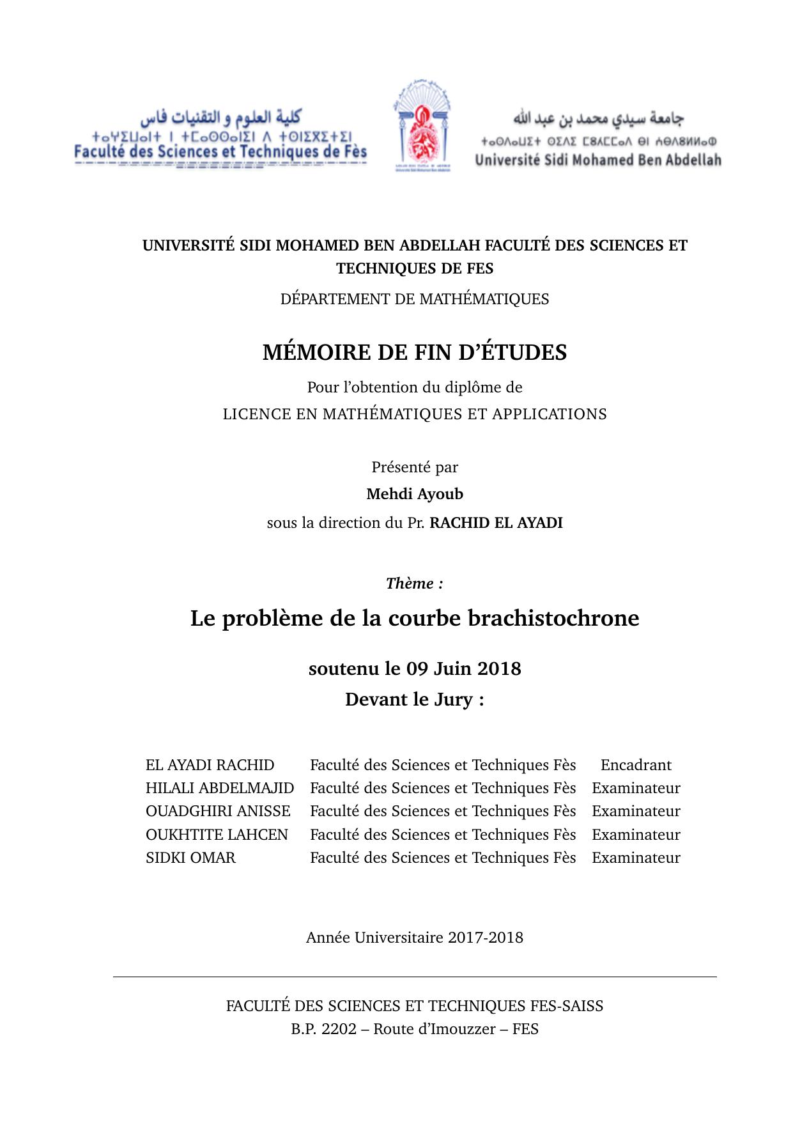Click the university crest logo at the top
422,125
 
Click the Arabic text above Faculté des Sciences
221,118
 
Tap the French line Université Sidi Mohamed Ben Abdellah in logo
597,160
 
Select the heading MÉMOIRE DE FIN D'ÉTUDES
415,353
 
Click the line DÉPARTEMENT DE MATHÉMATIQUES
415,299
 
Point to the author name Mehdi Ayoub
415,494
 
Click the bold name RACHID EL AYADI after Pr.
496,523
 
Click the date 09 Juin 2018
463,669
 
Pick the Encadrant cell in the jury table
636,765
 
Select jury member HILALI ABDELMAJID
220,788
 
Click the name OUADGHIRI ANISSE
218,811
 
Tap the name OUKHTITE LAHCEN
217,835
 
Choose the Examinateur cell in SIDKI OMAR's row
636,858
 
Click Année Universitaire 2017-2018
415,938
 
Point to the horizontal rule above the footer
415,977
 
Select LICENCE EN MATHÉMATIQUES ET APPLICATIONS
415,414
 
